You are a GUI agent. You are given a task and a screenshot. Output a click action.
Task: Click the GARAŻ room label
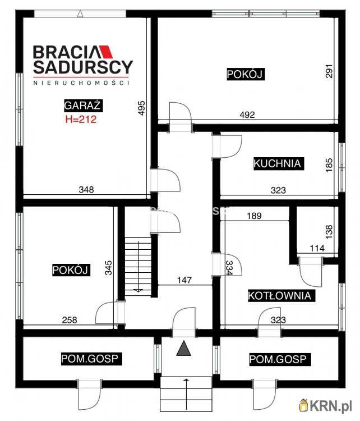click(83, 106)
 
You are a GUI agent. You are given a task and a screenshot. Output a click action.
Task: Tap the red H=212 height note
click(81, 119)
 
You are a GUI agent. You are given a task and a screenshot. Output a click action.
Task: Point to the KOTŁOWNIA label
click(281, 296)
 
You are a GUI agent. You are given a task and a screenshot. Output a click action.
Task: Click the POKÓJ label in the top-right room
click(246, 74)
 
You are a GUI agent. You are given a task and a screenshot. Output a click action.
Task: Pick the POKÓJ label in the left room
click(71, 270)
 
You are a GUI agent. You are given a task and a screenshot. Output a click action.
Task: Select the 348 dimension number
click(86, 190)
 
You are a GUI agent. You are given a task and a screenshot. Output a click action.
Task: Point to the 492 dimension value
click(247, 115)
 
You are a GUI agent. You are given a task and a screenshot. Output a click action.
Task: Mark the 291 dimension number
click(329, 71)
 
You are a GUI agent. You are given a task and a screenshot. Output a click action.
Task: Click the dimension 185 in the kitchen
click(329, 165)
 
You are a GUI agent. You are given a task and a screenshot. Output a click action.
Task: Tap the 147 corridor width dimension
click(184, 280)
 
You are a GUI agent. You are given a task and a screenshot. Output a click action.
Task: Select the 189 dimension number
click(254, 216)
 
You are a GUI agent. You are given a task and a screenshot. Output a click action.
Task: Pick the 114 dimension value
click(317, 248)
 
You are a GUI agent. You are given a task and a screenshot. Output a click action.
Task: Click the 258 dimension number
click(70, 320)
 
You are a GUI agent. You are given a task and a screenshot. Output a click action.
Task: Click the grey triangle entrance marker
click(184, 349)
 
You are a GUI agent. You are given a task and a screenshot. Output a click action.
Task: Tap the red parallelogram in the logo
click(107, 52)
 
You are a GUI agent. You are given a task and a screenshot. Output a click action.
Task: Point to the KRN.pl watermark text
click(331, 406)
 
